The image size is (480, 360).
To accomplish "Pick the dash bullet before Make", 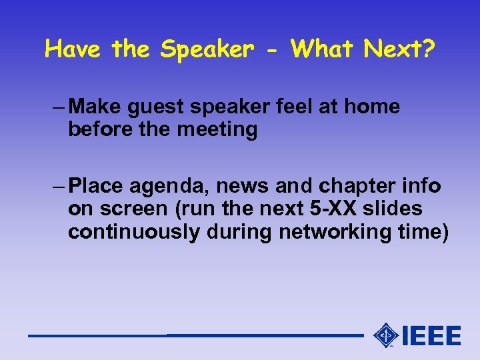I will (57, 107).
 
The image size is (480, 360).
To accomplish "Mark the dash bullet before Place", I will (57, 185).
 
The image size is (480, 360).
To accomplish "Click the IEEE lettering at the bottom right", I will (431, 335).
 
